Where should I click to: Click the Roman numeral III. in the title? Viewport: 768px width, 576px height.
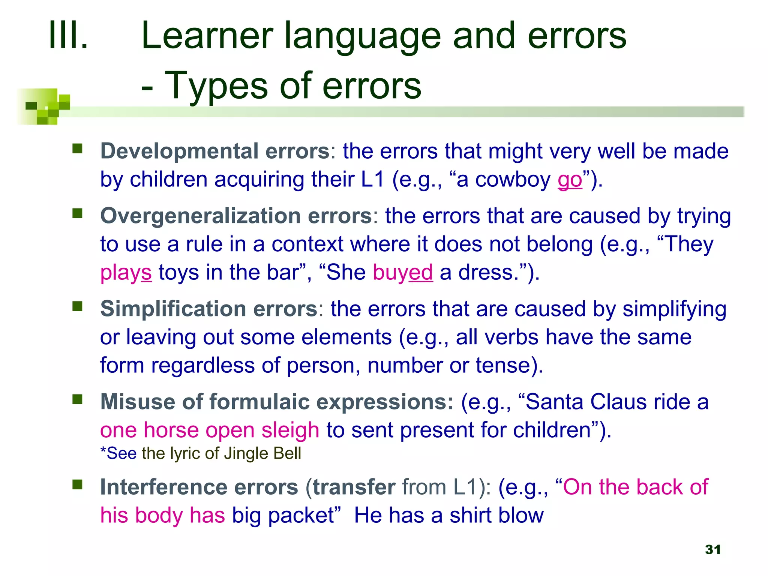pos(68,36)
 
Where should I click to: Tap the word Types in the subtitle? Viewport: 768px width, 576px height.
pos(216,86)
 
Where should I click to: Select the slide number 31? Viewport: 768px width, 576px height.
pos(712,549)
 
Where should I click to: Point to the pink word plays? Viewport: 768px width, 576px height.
pos(126,273)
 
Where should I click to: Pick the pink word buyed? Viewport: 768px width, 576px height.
pos(403,273)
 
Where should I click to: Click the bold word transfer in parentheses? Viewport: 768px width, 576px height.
pos(354,487)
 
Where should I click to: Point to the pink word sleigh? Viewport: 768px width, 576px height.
pos(290,430)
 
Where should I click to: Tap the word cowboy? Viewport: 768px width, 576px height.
pos(513,180)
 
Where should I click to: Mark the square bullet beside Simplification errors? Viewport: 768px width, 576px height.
pos(78,306)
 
